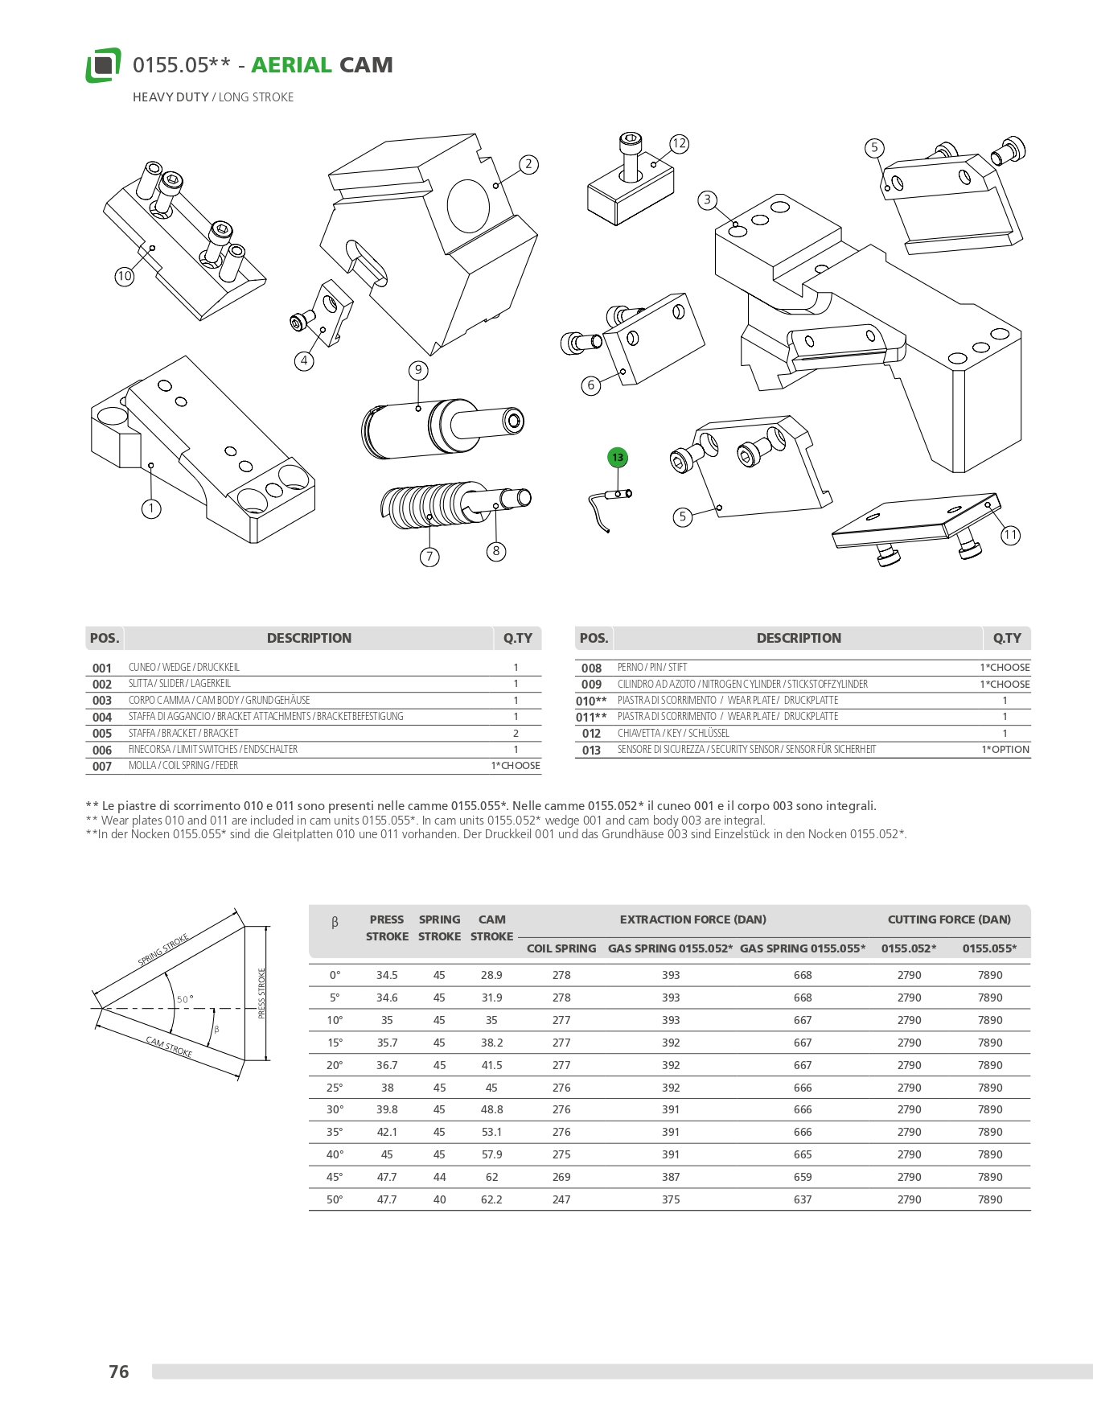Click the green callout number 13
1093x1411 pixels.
[618, 458]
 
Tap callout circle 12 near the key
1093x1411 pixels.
[680, 144]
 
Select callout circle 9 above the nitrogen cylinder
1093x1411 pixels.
[418, 370]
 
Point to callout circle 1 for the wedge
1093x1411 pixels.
[151, 508]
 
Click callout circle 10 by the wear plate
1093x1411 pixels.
[124, 276]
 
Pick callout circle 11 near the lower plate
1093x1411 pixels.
[1010, 535]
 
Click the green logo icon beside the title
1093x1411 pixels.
[103, 65]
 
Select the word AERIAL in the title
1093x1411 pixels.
[291, 65]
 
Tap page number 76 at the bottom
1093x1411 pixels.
[119, 1372]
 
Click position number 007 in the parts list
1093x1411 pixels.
[102, 767]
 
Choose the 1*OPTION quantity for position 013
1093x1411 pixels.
[1005, 750]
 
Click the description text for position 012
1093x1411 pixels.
[673, 734]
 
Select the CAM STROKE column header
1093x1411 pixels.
[491, 928]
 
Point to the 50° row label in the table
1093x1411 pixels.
[335, 1199]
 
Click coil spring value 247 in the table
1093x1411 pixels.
[561, 1199]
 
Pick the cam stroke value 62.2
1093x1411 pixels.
[491, 1199]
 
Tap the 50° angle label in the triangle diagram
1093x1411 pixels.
[185, 999]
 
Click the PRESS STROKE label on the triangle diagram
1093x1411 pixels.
[261, 993]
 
